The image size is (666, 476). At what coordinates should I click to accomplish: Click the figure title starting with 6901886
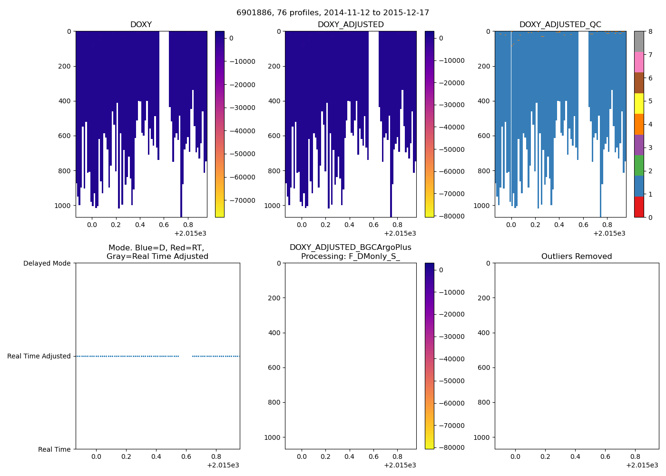tap(333, 13)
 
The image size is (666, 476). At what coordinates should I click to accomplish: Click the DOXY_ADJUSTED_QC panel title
tap(560, 25)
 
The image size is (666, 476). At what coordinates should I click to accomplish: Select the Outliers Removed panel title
tap(576, 257)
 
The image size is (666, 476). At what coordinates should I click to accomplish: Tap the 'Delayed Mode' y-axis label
tap(47, 263)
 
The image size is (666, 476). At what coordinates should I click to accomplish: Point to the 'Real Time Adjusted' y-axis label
tap(39, 356)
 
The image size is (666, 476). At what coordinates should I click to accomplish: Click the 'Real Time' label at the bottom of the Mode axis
tap(54, 449)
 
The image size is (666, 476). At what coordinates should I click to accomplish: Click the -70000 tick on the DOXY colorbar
tap(242, 200)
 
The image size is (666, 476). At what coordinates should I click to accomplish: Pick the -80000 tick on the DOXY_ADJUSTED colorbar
tap(452, 216)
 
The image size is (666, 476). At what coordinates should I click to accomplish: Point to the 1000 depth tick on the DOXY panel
tap(62, 206)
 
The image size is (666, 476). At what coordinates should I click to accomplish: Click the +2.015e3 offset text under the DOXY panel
tap(190, 233)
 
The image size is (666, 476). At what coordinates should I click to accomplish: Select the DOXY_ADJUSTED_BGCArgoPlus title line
tap(350, 248)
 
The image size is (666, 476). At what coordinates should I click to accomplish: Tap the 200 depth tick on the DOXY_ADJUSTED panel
tap(274, 66)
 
